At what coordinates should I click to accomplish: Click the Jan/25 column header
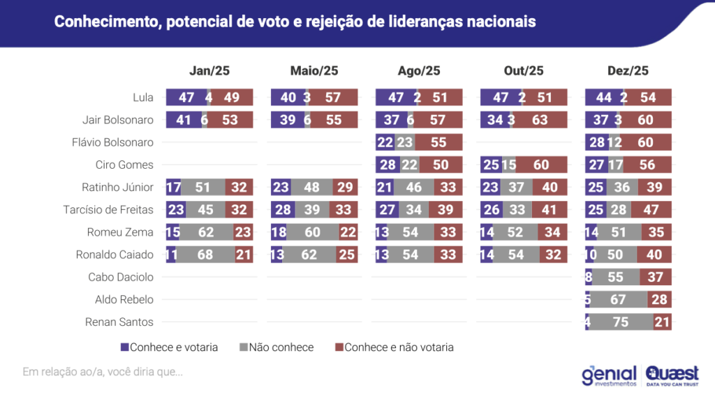(209, 70)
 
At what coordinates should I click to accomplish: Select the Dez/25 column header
(628, 70)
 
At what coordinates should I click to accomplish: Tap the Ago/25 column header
(419, 70)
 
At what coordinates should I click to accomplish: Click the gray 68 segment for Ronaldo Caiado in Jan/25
(205, 255)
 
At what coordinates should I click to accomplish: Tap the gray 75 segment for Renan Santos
(621, 322)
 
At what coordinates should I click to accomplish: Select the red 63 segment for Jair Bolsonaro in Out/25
(540, 120)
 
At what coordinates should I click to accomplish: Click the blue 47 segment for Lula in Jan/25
(185, 98)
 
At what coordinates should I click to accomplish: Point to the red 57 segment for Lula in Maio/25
(334, 98)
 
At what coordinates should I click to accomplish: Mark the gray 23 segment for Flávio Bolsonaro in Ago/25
(405, 142)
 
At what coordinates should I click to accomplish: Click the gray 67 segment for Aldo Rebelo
(618, 300)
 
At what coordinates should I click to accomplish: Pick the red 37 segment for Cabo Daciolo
(656, 277)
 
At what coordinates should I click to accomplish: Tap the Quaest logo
(671, 375)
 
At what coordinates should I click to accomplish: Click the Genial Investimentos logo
(610, 375)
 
